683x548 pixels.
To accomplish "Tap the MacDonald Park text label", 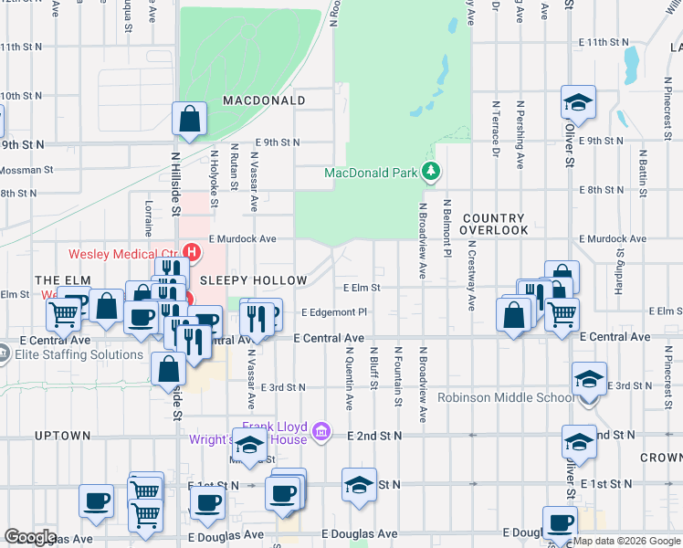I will [x=371, y=173].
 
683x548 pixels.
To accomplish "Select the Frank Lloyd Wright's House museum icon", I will [x=320, y=430].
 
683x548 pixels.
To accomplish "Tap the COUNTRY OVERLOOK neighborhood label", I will [x=495, y=225].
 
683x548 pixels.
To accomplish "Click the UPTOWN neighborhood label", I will [x=63, y=436].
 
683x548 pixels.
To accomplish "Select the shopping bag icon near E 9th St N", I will [x=188, y=120].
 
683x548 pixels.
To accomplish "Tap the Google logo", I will [x=30, y=537].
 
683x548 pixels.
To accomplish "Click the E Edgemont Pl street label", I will [x=333, y=312].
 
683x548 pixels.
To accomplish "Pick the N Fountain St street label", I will [x=398, y=376].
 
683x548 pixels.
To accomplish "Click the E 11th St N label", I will [x=604, y=43].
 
